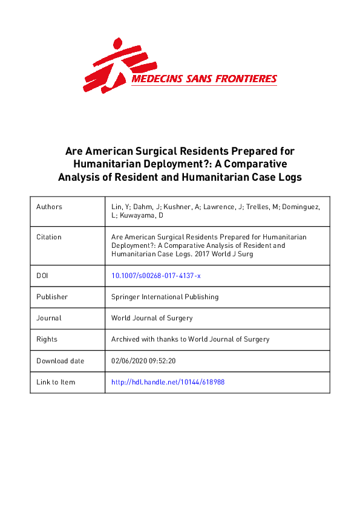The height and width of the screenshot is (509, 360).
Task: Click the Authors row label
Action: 49,207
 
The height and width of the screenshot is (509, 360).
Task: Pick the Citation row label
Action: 49,237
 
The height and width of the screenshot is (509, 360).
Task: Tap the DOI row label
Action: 42,276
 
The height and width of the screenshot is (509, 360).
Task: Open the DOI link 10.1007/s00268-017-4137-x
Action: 155,276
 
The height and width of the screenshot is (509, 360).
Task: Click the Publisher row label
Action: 52,297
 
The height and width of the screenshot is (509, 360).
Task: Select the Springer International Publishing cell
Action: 165,297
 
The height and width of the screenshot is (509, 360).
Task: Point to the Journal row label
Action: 49,318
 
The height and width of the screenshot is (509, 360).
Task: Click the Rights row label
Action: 47,339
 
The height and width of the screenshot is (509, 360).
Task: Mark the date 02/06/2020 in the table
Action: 129,361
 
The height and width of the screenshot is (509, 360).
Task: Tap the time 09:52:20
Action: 162,361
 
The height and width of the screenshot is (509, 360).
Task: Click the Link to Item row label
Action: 56,382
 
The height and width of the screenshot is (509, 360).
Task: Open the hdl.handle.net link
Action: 168,382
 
